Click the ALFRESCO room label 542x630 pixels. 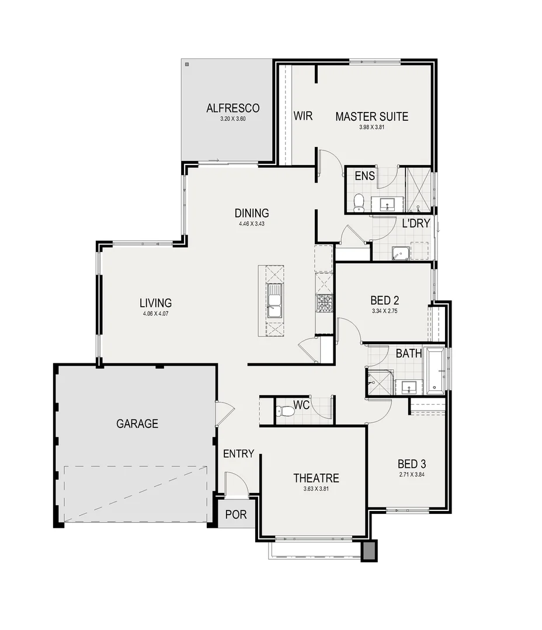(x=232, y=108)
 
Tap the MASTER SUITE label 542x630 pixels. (x=371, y=117)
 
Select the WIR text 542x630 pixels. (x=303, y=116)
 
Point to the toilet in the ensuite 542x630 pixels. (x=359, y=202)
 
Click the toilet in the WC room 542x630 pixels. (x=286, y=411)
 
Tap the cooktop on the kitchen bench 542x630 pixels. (x=324, y=303)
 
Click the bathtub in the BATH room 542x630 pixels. (x=435, y=370)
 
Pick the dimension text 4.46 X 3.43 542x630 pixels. (x=252, y=223)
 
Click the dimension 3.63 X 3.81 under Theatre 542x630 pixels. (x=316, y=489)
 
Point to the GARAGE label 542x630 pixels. (x=137, y=424)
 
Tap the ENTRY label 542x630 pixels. (x=238, y=454)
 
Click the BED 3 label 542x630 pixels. (x=412, y=464)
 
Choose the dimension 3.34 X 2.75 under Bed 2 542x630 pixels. (x=384, y=311)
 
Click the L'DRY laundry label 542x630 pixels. (x=416, y=223)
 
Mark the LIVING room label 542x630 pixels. (x=155, y=303)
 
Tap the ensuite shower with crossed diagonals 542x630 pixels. (x=418, y=190)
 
